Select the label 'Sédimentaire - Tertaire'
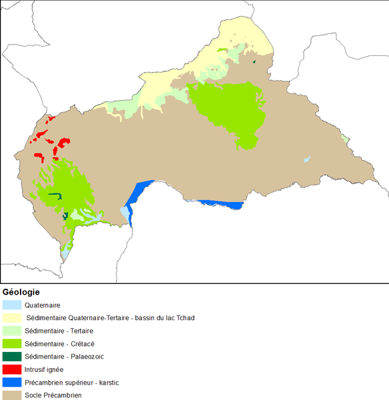(59, 331)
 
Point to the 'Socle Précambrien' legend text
(53, 395)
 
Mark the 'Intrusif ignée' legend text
(44, 369)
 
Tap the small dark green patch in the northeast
(255, 63)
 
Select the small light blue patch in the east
(306, 159)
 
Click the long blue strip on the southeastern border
(216, 203)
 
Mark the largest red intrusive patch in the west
(64, 143)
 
